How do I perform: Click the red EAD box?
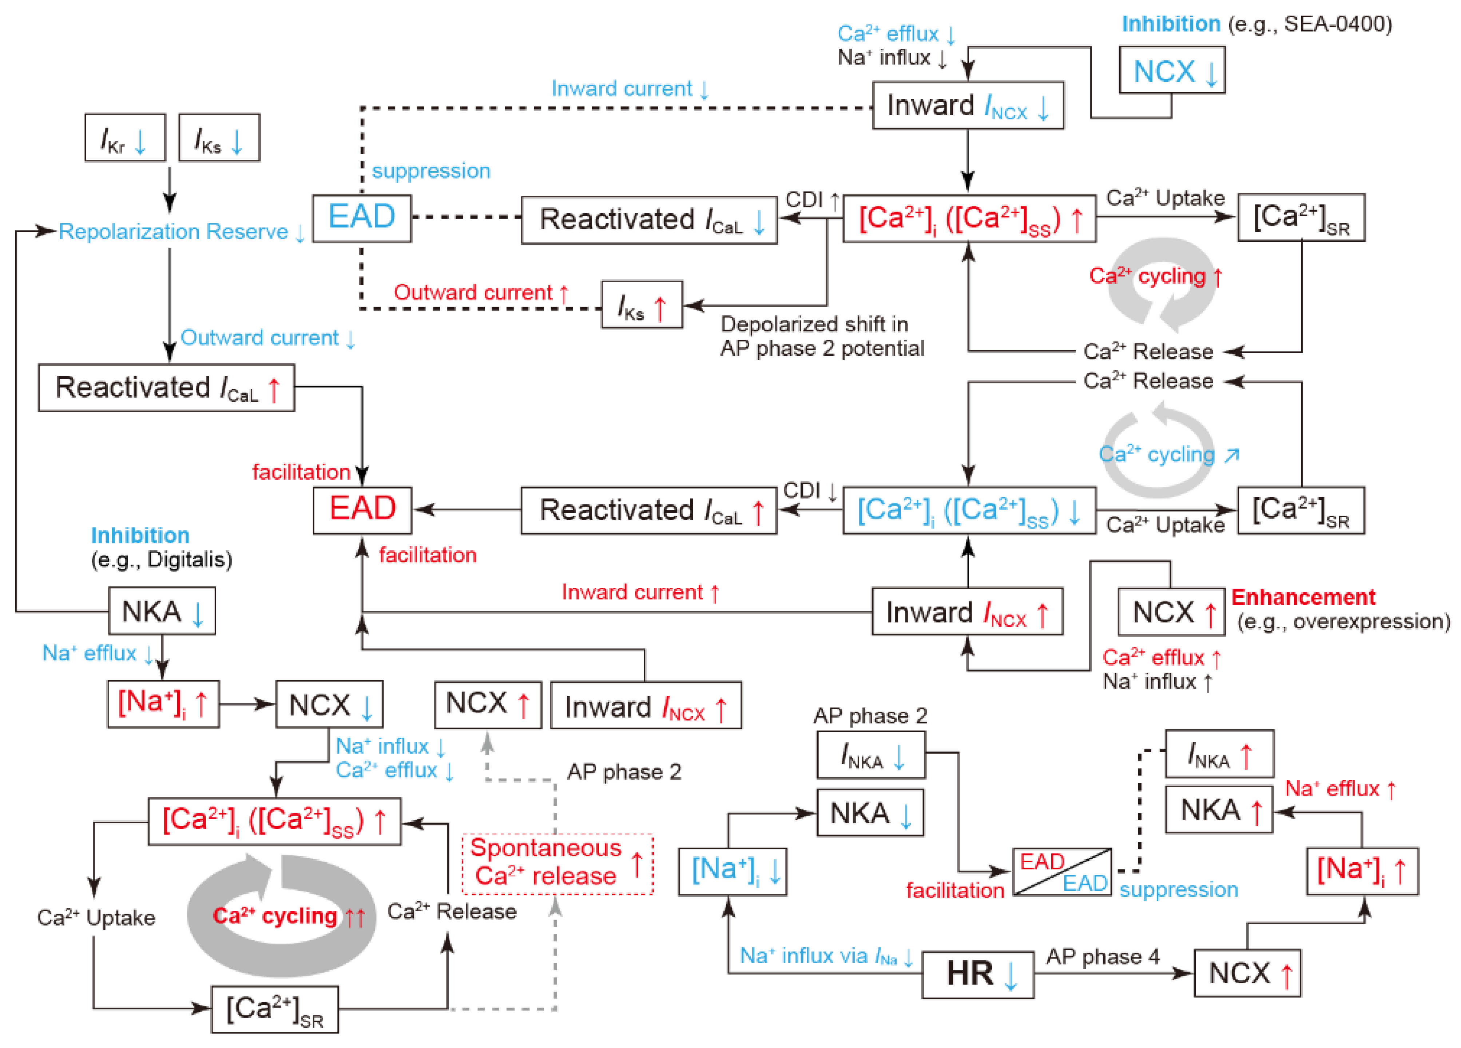click(x=362, y=510)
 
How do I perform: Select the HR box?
click(x=977, y=973)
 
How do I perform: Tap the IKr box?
click(x=125, y=138)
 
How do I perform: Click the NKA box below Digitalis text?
click(x=161, y=611)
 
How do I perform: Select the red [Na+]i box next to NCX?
click(x=163, y=704)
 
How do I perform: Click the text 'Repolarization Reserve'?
click(x=174, y=232)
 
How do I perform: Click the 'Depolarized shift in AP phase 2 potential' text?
click(x=821, y=336)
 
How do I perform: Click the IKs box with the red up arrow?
click(x=642, y=305)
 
